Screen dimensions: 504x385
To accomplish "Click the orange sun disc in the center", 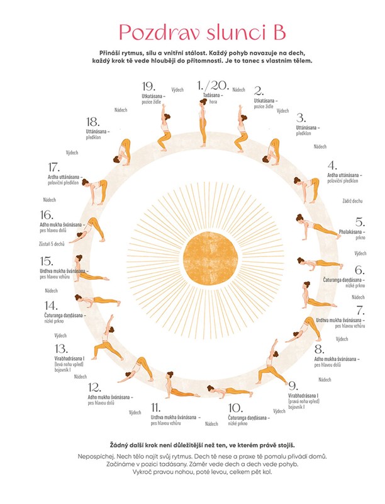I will point(211,258).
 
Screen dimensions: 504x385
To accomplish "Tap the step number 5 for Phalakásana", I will point(359,222).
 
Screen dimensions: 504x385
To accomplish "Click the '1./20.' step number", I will point(211,86).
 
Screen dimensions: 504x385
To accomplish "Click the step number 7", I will point(360,310).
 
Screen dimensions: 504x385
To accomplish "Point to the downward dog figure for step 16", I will point(88,229).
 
